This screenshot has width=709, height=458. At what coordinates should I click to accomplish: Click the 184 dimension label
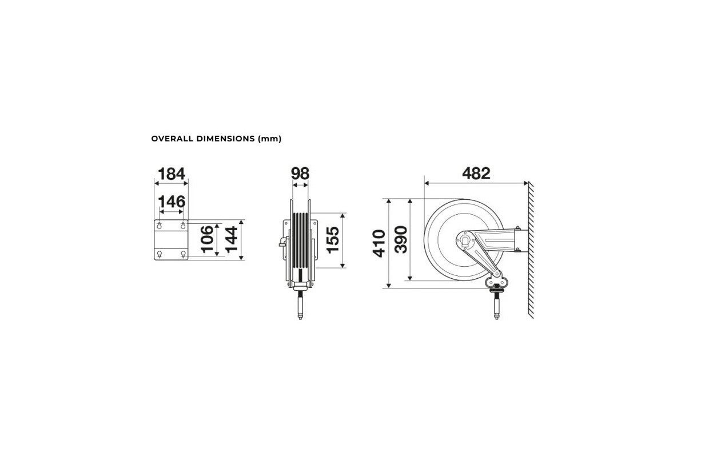coord(171,173)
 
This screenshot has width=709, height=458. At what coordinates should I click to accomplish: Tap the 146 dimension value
coord(171,202)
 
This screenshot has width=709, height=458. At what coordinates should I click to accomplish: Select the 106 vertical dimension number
coord(208,239)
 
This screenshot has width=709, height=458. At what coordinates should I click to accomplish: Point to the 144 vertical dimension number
coord(232,239)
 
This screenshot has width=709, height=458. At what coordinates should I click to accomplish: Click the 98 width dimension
coord(300,173)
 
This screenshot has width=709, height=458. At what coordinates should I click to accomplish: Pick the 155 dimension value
coord(333,240)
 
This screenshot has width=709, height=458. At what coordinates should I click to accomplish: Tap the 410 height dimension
coord(379,243)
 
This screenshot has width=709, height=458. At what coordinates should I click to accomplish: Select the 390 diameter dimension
coord(401,240)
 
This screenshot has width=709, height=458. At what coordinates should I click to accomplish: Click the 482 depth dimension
coord(476,173)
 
